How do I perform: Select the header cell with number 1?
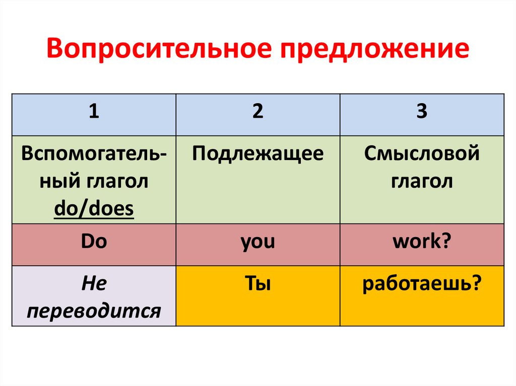[x=94, y=112]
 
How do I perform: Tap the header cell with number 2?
[x=258, y=112]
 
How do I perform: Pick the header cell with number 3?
[x=422, y=112]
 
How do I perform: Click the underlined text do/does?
[x=94, y=208]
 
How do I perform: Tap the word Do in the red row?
[x=94, y=242]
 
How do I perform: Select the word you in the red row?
[x=258, y=243]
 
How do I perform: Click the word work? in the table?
[x=422, y=242]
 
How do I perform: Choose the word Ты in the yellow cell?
[x=258, y=285]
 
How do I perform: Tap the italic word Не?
[x=94, y=285]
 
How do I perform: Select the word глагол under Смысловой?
[x=422, y=182]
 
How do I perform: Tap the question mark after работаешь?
[x=474, y=285]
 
